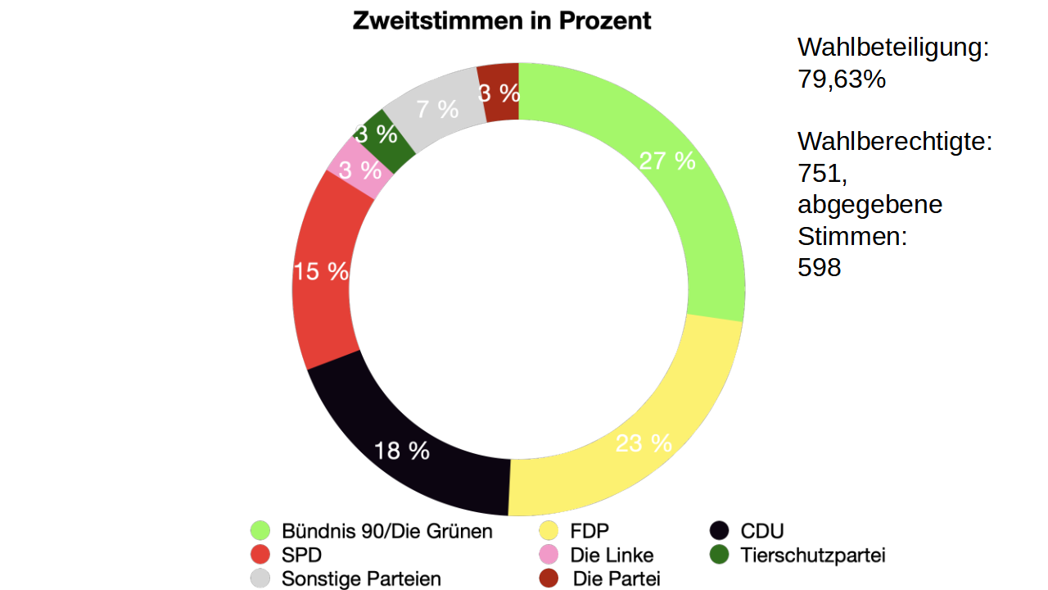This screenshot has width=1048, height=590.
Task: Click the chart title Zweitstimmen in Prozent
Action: pyautogui.click(x=502, y=21)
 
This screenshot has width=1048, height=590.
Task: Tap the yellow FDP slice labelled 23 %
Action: pyautogui.click(x=644, y=443)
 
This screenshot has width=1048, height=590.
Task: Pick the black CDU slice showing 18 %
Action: pyautogui.click(x=401, y=450)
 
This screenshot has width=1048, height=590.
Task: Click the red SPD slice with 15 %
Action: pyautogui.click(x=322, y=271)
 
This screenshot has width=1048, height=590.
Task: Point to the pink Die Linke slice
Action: pyautogui.click(x=359, y=170)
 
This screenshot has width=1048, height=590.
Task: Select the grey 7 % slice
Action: pyautogui.click(x=436, y=108)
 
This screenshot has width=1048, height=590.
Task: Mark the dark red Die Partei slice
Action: pyautogui.click(x=499, y=93)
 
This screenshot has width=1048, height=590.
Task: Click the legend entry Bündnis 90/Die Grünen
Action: pyautogui.click(x=387, y=531)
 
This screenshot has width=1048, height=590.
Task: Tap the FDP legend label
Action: pyautogui.click(x=589, y=531)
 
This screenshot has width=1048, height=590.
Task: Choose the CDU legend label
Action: pyautogui.click(x=761, y=531)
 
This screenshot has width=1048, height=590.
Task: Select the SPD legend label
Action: pyautogui.click(x=301, y=555)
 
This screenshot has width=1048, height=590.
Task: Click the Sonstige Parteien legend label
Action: pyautogui.click(x=361, y=579)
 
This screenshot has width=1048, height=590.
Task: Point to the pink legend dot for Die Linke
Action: pyautogui.click(x=549, y=555)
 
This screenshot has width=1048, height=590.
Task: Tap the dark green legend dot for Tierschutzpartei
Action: pyautogui.click(x=720, y=555)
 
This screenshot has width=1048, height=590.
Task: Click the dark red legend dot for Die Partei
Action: pyautogui.click(x=549, y=579)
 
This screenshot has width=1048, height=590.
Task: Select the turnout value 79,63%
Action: pyautogui.click(x=842, y=79)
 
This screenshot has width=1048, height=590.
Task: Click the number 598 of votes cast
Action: pyautogui.click(x=820, y=267)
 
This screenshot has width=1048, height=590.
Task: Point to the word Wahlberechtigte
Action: pyautogui.click(x=894, y=142)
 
